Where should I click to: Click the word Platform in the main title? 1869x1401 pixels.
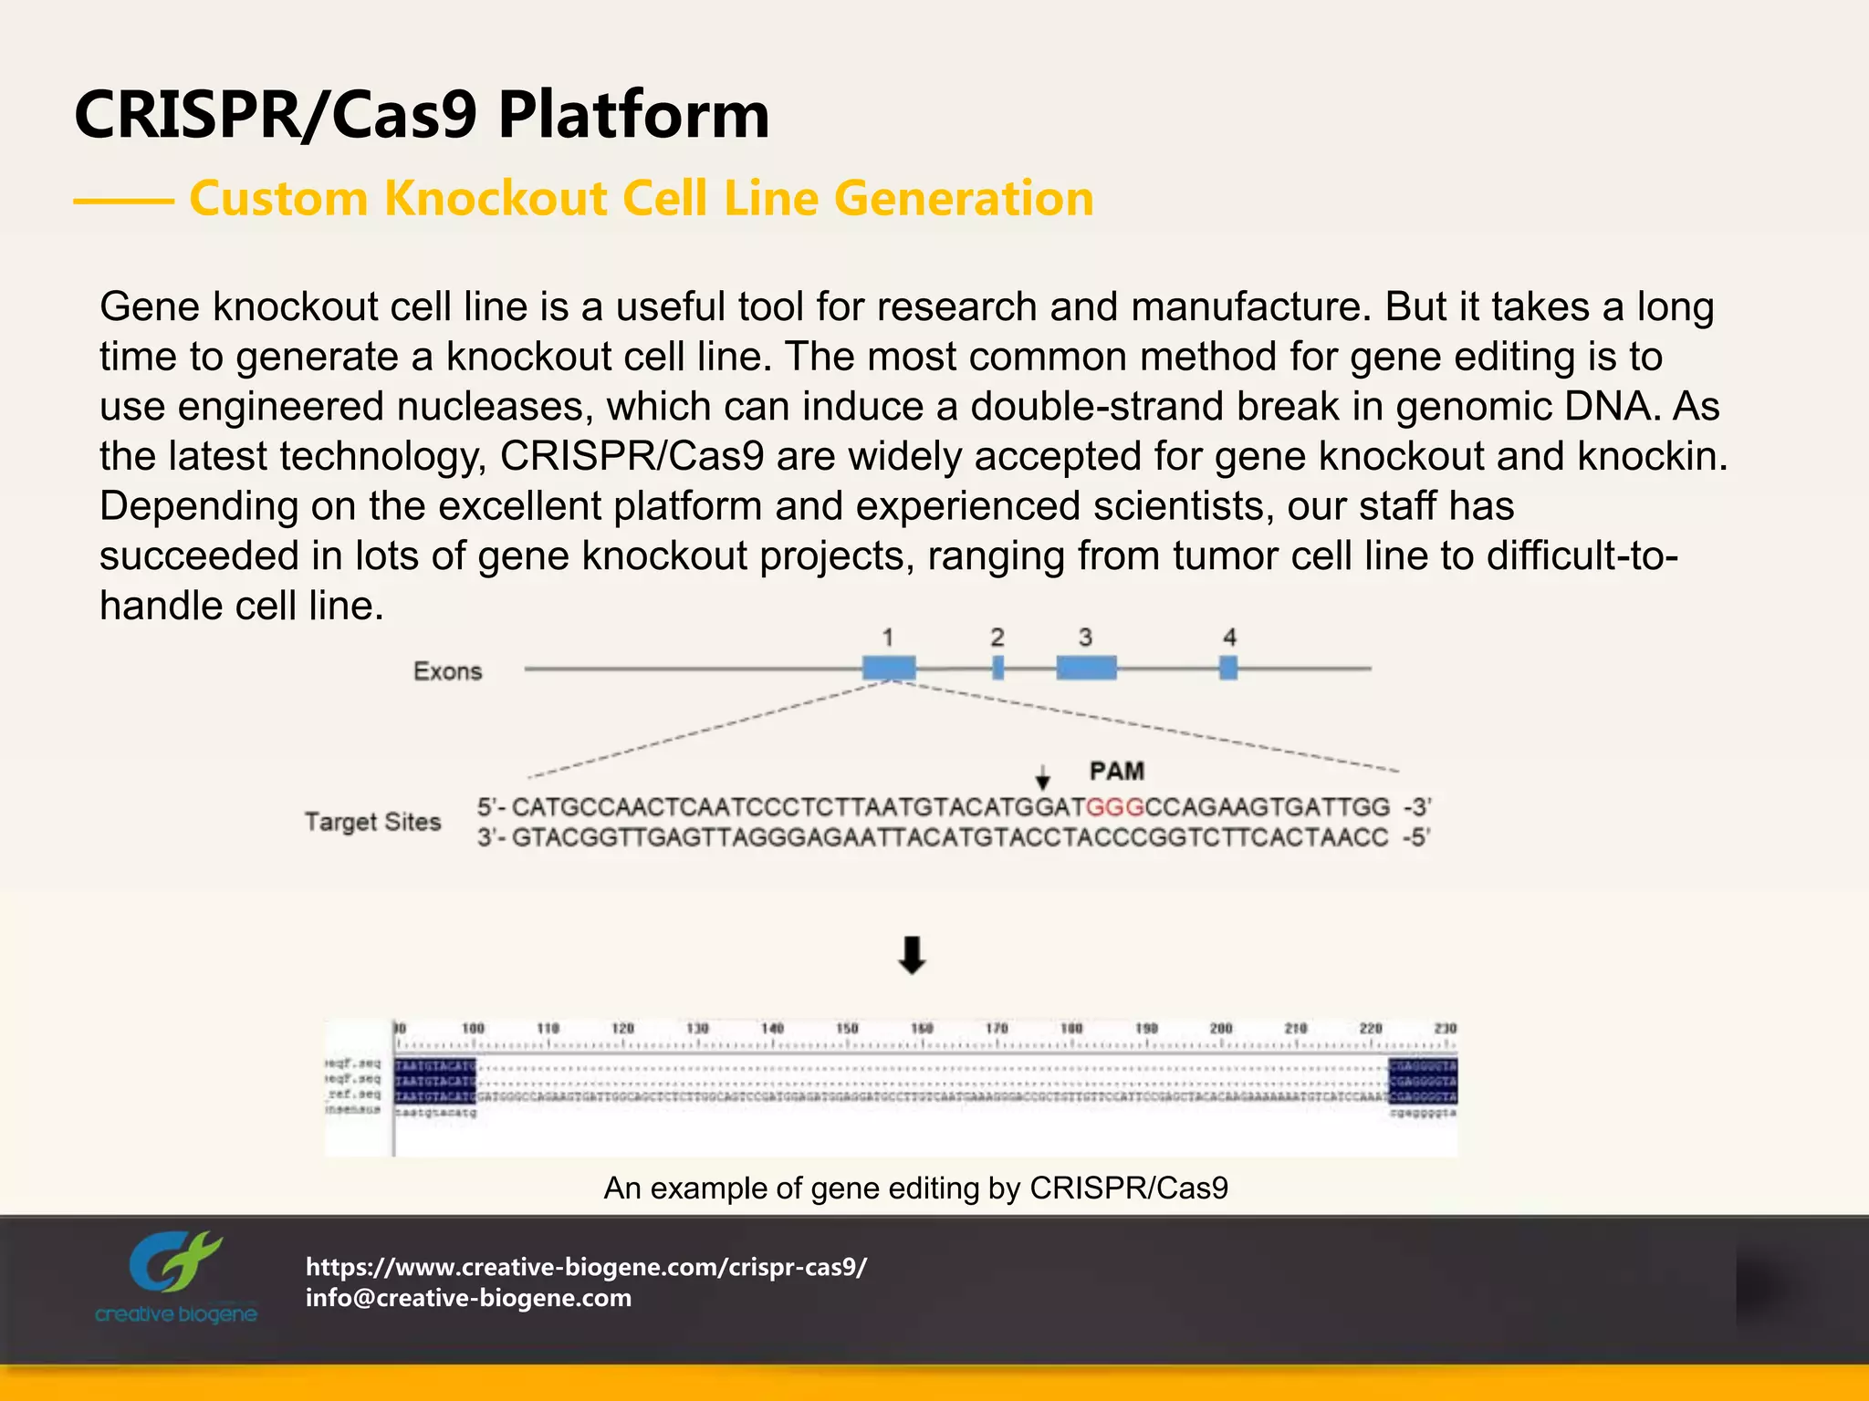[x=633, y=116]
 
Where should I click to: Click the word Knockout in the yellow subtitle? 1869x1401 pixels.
[x=496, y=199]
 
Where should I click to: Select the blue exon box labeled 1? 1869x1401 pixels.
[x=889, y=668]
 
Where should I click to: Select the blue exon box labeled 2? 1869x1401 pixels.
[x=997, y=668]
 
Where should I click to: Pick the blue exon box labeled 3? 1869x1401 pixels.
[x=1086, y=668]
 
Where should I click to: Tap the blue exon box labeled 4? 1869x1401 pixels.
[x=1228, y=668]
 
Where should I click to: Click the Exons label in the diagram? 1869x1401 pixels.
[x=447, y=671]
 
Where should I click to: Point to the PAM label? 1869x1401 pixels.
[x=1116, y=772]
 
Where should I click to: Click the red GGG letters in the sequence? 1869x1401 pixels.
[x=1114, y=807]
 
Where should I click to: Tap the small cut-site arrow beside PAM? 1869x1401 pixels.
[x=1043, y=778]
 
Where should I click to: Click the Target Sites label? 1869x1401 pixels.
[x=372, y=822]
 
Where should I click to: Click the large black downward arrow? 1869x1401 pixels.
[x=912, y=955]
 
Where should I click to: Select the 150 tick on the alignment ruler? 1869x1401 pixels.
[x=847, y=1029]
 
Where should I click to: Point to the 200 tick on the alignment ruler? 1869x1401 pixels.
[x=1221, y=1029]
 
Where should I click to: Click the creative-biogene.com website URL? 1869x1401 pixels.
[x=586, y=1266]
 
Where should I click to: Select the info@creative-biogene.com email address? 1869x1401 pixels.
[x=468, y=1298]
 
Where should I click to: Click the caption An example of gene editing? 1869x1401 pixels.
[x=915, y=1188]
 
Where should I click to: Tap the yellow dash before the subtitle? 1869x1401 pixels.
[x=123, y=201]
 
